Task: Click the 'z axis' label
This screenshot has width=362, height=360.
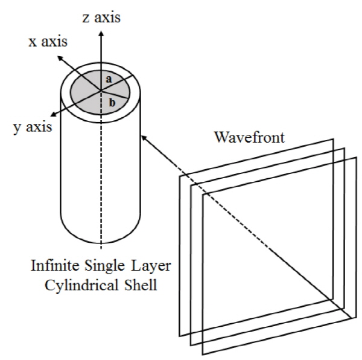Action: coord(101,18)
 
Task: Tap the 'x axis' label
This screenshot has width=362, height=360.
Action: coord(48,42)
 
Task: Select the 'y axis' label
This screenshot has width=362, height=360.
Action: coord(33,127)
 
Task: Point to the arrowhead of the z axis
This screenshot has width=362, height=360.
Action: coord(101,33)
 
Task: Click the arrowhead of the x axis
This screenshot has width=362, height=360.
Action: coord(60,58)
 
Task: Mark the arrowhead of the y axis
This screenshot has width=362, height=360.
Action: coord(54,114)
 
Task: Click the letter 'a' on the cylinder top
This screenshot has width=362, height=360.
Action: coord(109,79)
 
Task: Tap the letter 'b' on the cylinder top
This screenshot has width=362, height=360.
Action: coord(112,102)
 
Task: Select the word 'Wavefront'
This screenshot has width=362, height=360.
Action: coord(250,137)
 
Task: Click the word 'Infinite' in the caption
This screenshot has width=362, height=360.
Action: coord(55,265)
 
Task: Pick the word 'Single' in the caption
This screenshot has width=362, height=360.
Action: coord(104,266)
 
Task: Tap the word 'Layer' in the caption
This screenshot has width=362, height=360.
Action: coord(151,266)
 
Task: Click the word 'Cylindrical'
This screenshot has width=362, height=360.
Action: coord(81,285)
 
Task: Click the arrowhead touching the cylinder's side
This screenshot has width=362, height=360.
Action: coord(144,138)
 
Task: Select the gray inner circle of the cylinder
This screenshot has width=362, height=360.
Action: coord(100,92)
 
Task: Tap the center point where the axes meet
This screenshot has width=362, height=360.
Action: coord(101,91)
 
